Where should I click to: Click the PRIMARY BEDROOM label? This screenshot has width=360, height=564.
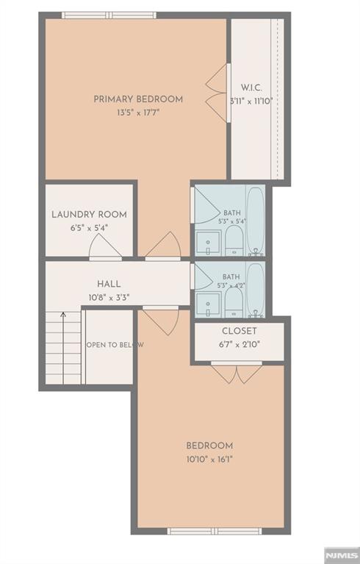[x=138, y=99]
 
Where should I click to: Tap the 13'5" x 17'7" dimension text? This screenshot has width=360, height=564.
[x=138, y=113]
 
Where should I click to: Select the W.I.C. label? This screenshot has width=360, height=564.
[x=251, y=88]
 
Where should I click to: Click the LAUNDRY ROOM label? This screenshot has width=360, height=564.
[x=89, y=215]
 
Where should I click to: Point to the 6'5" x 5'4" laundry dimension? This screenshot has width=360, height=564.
[x=89, y=228]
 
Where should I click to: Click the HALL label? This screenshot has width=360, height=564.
[x=109, y=284]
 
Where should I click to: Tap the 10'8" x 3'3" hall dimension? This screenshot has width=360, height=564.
[x=109, y=298]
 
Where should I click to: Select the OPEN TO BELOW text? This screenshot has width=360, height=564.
[x=115, y=345]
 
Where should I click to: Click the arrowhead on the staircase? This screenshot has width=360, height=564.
[x=63, y=315]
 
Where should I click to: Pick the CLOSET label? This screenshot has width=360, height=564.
[x=240, y=331]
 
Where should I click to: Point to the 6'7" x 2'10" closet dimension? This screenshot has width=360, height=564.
[x=240, y=344]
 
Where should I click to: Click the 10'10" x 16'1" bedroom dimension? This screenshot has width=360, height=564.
[x=210, y=460]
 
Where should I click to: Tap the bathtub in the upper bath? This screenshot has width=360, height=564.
[x=256, y=221]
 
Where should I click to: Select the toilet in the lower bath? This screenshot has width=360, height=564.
[x=234, y=302]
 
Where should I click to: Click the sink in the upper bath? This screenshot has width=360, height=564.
[x=208, y=243]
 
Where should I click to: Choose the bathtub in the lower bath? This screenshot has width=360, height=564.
[x=256, y=290]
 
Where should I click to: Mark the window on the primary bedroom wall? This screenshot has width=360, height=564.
[x=109, y=15]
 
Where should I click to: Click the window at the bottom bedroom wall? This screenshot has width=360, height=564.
[x=215, y=531]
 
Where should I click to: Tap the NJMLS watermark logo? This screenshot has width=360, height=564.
[x=342, y=555]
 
